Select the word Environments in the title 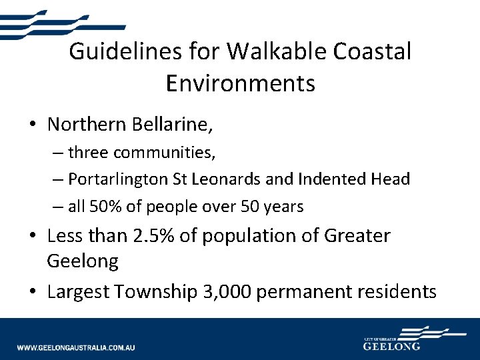coord(240,83)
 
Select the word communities coord(163,153)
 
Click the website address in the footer coord(76,347)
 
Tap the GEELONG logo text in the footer coord(391,347)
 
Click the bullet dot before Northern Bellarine coord(32,125)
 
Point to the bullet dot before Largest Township coord(32,292)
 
